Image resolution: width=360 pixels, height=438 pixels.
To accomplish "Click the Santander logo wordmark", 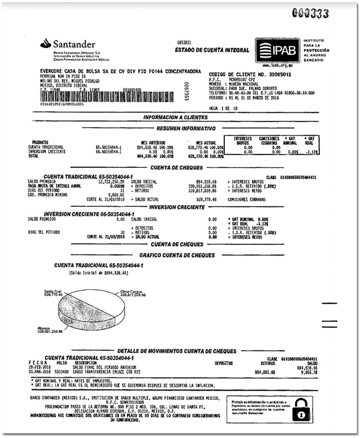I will click(73, 44).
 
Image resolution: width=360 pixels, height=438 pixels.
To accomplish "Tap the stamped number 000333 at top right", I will click(310, 14).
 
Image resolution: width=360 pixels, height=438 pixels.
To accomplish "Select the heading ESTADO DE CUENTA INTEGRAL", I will click(212, 50).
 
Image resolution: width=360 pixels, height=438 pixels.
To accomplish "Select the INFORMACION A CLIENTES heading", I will click(175, 117).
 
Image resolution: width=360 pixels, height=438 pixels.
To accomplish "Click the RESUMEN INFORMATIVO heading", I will click(186, 129).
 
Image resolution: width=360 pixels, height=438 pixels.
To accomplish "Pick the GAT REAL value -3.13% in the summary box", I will click(309, 152).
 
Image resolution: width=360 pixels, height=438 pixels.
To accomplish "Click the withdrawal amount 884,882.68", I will click(265, 371).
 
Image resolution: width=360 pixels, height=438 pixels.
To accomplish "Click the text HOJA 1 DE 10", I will click(222, 108).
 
